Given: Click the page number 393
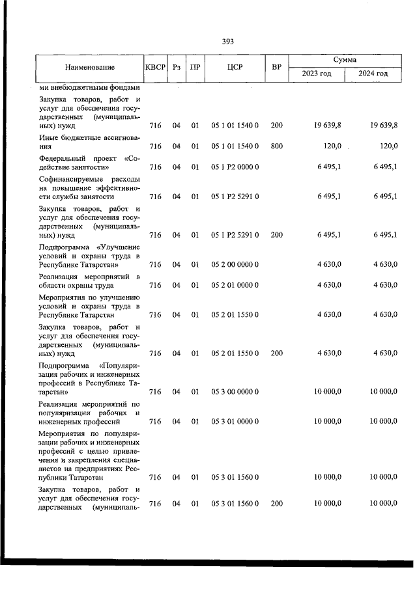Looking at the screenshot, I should point(227,42).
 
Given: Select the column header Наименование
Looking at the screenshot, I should point(90,67).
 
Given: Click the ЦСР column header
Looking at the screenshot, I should point(235,67).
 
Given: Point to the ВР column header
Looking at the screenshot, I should point(276,67).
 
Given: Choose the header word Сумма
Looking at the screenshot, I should point(345,59).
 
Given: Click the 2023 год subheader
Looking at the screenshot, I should point(317,74).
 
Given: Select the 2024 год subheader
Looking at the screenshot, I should point(373,74).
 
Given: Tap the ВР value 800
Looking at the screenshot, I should point(276,146).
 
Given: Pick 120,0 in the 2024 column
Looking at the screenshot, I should point(388,146).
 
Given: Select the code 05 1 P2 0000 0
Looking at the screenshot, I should point(235,167).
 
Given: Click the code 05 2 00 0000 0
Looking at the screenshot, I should point(235,264).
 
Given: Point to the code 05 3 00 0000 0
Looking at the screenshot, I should point(235,392).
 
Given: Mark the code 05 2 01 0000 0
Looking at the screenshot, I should point(235,285).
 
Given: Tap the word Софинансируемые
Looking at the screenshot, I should point(70,178).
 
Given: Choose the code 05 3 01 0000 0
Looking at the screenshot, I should point(235,421).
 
